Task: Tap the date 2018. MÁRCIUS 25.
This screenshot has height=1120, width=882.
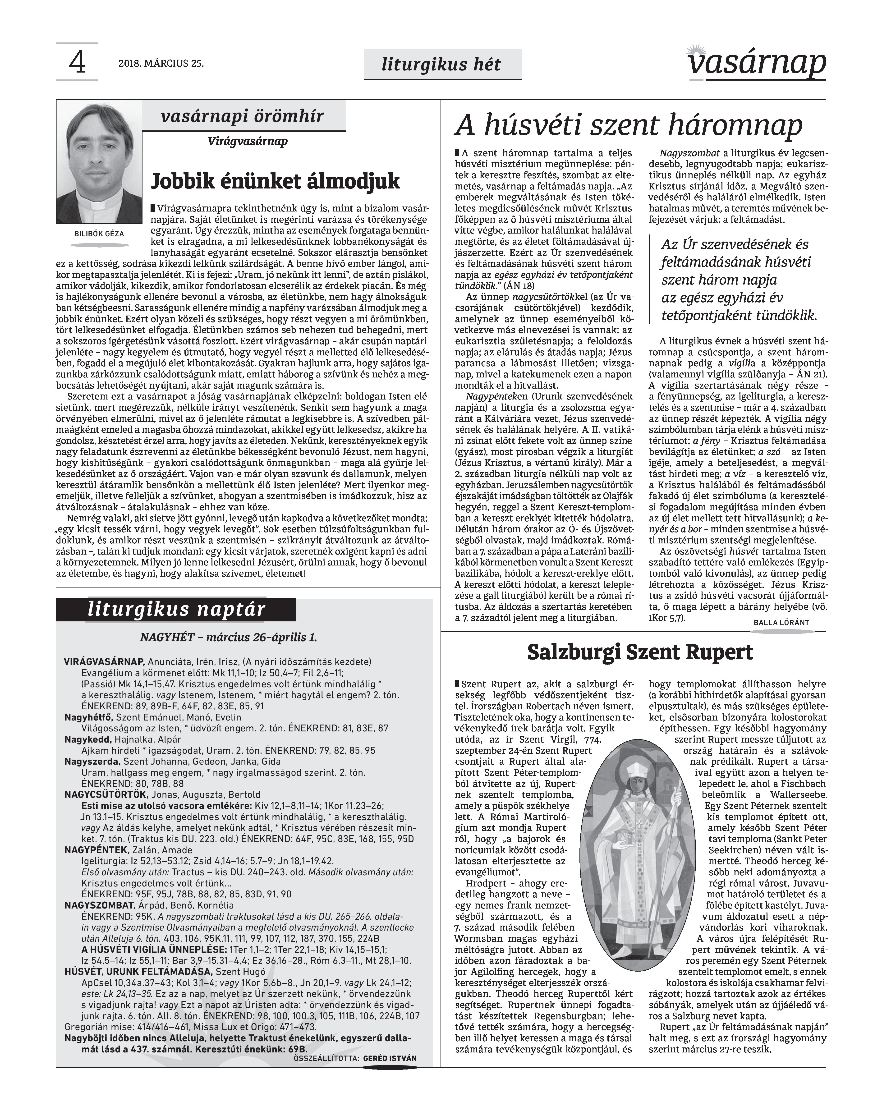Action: tap(161, 64)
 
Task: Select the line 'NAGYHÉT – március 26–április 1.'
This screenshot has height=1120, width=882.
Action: tap(228, 637)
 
